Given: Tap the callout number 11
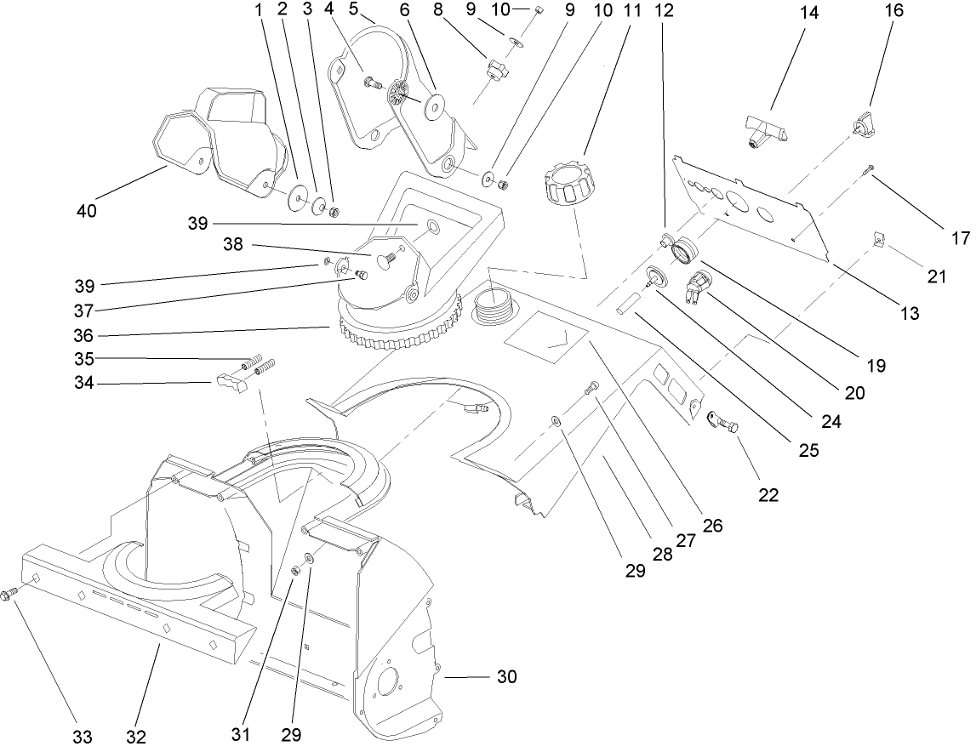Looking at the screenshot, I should click(631, 12).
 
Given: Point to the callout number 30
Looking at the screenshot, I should click(506, 677).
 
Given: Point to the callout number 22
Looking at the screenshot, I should click(768, 494).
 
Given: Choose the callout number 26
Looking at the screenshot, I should click(712, 525).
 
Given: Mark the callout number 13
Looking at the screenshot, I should click(909, 313).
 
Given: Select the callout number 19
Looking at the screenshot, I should click(876, 367).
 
